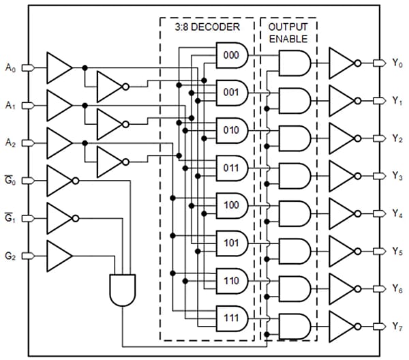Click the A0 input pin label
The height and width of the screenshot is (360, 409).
(10, 67)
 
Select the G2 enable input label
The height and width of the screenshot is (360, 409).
(10, 256)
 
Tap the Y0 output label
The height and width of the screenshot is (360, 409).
(397, 63)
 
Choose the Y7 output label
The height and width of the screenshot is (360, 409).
(397, 325)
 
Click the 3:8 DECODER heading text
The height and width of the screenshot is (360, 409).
(207, 29)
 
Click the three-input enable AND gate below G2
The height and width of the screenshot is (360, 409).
(123, 289)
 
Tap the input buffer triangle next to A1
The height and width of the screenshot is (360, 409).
(58, 105)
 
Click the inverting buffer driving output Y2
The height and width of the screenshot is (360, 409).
(342, 138)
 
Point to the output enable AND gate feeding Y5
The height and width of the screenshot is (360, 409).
(293, 250)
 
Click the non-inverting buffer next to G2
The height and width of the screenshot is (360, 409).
(59, 256)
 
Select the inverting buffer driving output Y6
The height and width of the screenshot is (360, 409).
(342, 288)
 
